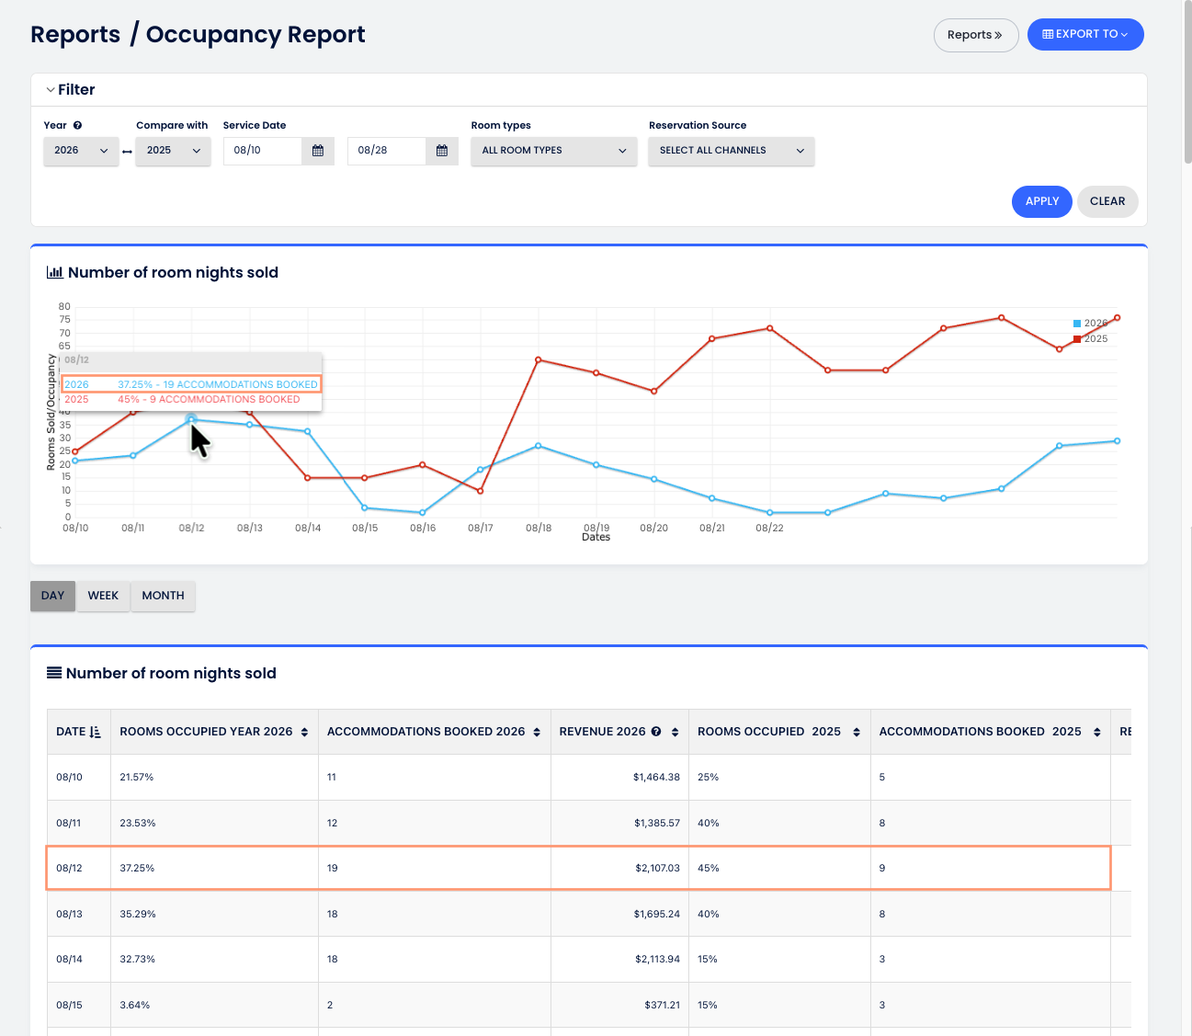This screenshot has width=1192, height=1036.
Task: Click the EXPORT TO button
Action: [x=1084, y=34]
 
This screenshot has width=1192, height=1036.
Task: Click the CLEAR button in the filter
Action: [x=1107, y=201]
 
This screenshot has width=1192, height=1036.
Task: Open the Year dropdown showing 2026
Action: [x=81, y=151]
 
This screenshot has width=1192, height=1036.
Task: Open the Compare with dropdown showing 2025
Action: [x=173, y=151]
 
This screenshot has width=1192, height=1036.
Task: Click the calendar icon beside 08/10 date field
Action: [x=317, y=151]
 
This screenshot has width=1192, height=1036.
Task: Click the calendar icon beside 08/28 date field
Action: [x=442, y=151]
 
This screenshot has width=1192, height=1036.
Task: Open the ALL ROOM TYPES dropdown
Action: [x=553, y=151]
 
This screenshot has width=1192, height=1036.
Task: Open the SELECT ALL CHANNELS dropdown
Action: [x=732, y=151]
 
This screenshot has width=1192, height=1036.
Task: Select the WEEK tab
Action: [x=103, y=596]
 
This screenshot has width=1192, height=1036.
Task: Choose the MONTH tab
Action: [x=163, y=596]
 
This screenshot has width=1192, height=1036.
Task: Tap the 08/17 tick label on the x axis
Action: [x=480, y=528]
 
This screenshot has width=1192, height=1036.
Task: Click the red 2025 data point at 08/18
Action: [x=538, y=360]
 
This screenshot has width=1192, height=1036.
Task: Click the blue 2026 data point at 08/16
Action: [x=423, y=513]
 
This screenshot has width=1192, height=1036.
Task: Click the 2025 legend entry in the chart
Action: [x=1091, y=339]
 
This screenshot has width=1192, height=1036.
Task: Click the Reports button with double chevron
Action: [x=976, y=35]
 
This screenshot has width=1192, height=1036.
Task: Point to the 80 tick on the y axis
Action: [x=64, y=306]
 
